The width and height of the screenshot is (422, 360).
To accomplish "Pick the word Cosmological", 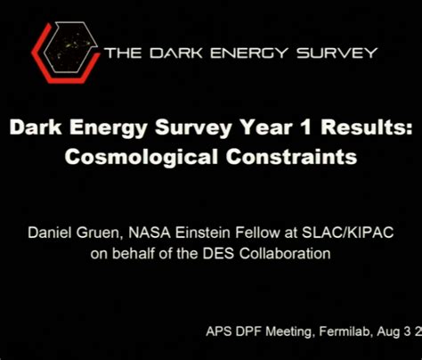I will point(157,158).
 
